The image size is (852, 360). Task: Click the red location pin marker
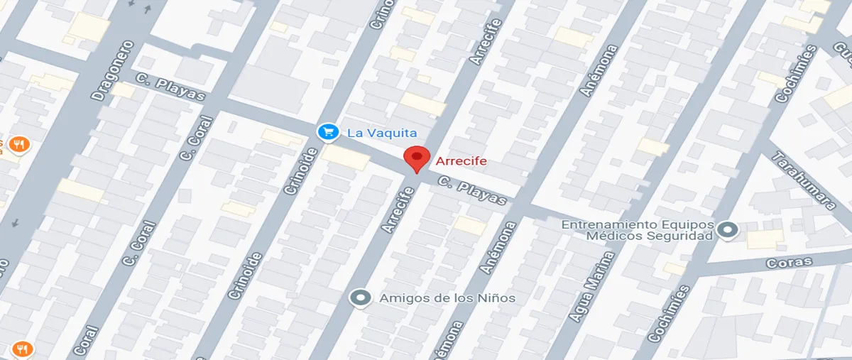[416, 158]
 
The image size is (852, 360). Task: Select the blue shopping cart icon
[327, 132]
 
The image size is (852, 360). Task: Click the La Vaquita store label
[381, 133]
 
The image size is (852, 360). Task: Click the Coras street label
[789, 263]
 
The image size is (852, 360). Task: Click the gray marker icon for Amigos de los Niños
[361, 298]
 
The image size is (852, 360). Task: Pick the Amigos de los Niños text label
[447, 298]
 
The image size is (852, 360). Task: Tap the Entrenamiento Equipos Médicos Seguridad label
[637, 230]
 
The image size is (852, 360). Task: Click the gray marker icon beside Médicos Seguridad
[727, 230]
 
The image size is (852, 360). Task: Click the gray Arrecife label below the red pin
[398, 209]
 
